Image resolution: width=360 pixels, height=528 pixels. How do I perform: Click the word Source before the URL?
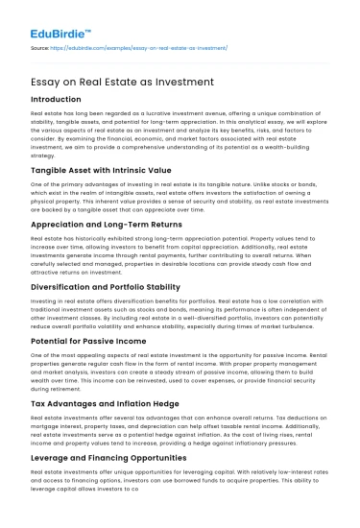point(41,45)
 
